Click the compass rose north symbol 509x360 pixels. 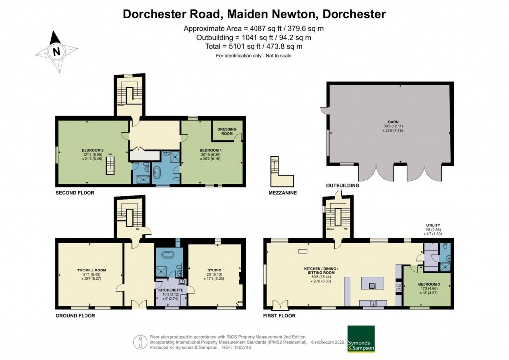[56, 50]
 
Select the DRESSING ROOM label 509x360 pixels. [226, 132]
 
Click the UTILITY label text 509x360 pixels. [433, 225]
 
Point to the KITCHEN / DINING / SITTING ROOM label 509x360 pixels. [321, 270]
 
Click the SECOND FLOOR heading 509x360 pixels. [75, 192]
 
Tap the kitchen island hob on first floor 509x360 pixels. [373, 285]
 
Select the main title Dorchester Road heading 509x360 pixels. [254, 14]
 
